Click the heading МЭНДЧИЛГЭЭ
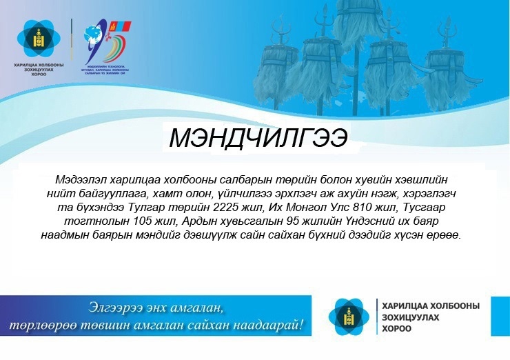[258, 139]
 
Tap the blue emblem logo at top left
[37, 39]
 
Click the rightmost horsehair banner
[447, 69]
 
